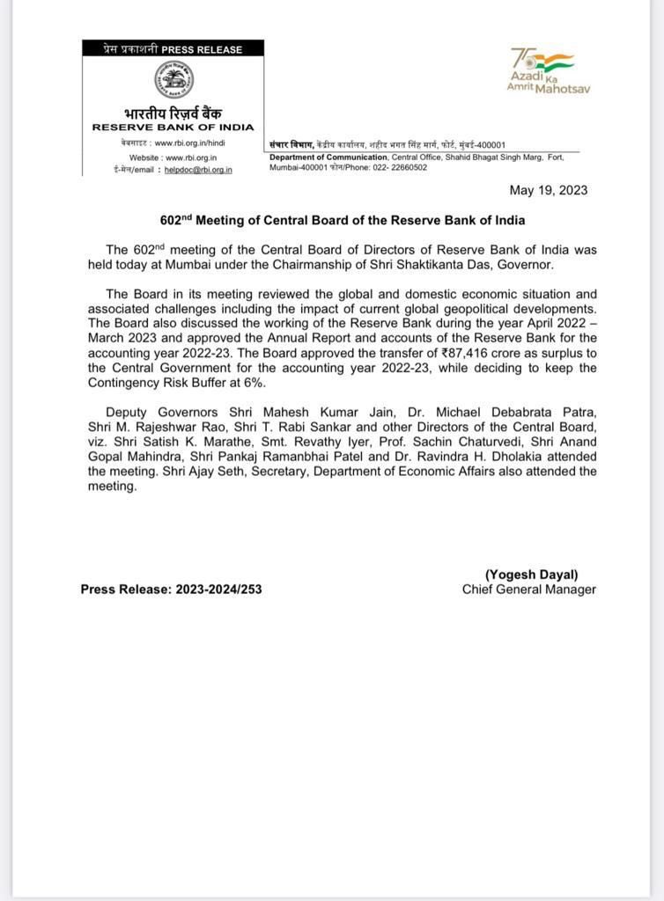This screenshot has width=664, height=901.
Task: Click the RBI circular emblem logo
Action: pyautogui.click(x=173, y=81)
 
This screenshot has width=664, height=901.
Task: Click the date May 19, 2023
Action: pyautogui.click(x=549, y=190)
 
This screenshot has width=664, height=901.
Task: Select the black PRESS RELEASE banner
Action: pyautogui.click(x=173, y=49)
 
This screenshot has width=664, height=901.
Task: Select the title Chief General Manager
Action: pyautogui.click(x=528, y=589)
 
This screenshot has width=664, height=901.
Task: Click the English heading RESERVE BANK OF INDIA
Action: pyautogui.click(x=173, y=128)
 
